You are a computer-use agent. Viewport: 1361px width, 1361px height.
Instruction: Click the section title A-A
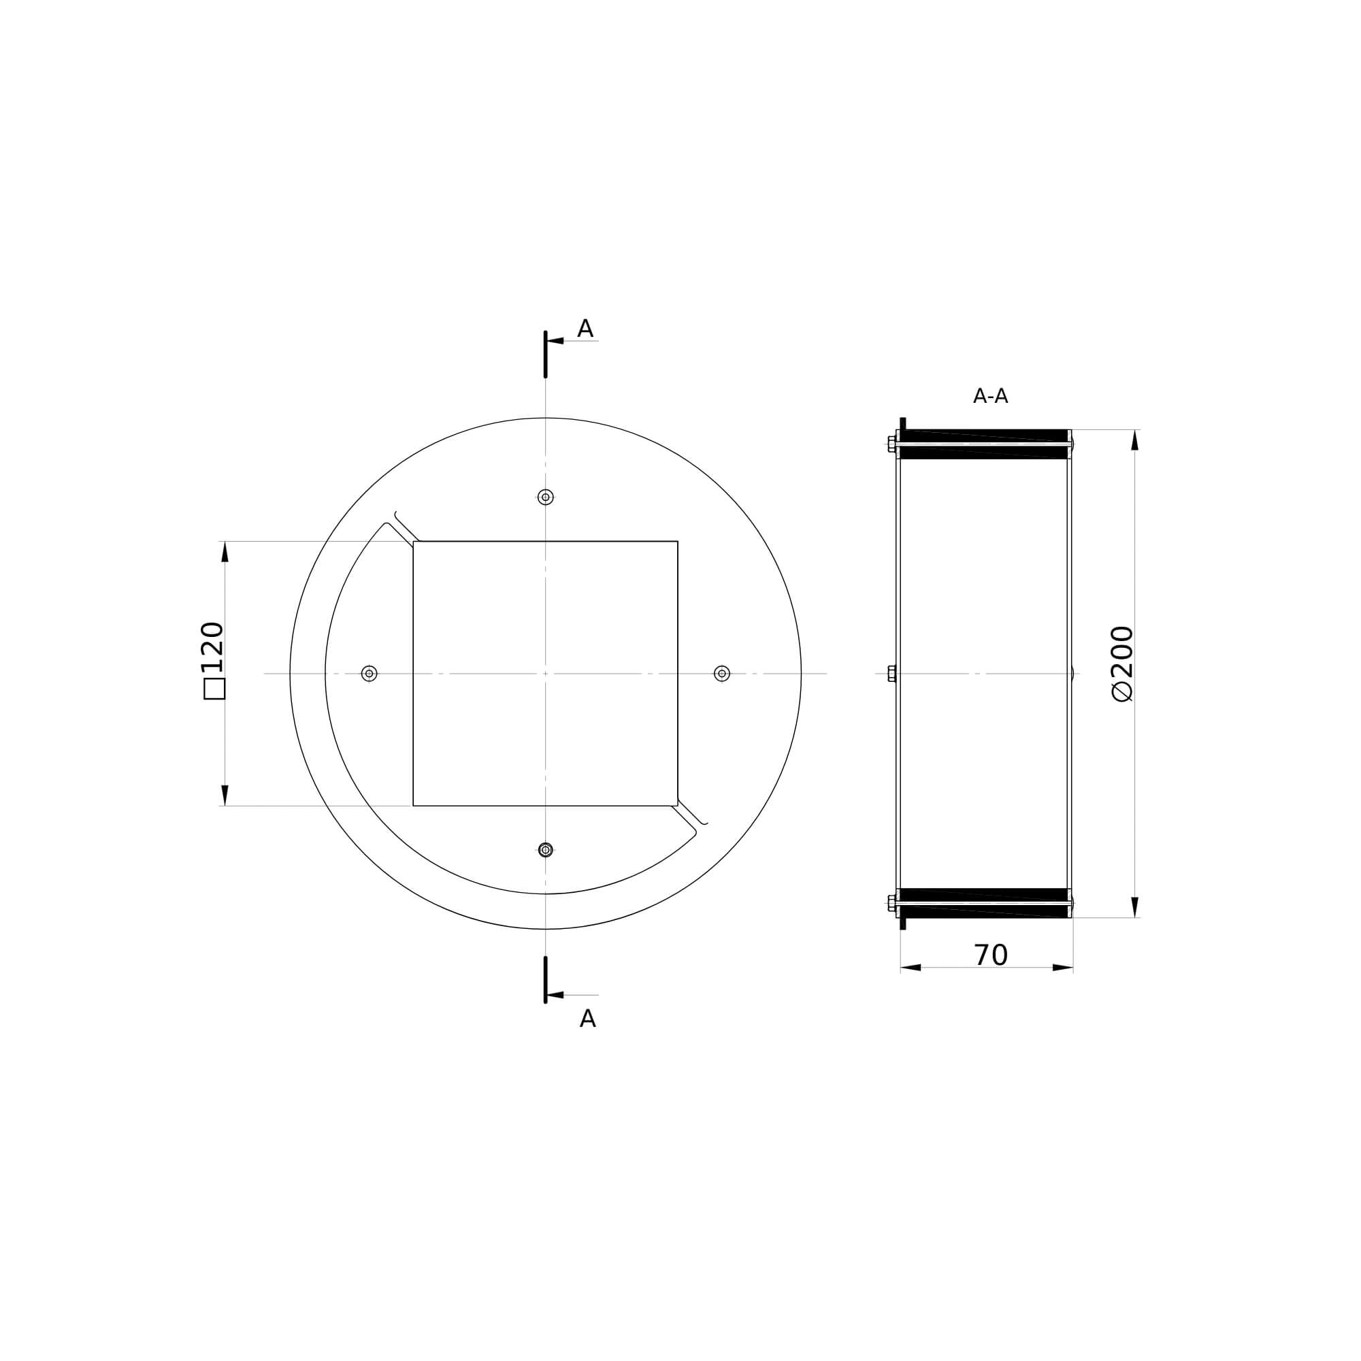pyautogui.click(x=989, y=397)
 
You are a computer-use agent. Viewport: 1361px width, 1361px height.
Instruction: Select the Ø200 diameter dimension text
pyautogui.click(x=1121, y=663)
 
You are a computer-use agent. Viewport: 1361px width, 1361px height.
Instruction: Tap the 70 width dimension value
pyautogui.click(x=990, y=955)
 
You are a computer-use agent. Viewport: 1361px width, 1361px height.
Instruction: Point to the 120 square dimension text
pyautogui.click(x=212, y=646)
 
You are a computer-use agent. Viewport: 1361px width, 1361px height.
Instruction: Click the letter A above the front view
pyautogui.click(x=585, y=329)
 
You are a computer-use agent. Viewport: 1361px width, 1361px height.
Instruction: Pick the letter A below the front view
pyautogui.click(x=587, y=1019)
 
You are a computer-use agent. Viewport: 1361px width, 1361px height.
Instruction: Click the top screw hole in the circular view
pyautogui.click(x=545, y=497)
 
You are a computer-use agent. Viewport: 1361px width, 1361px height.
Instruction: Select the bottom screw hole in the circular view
pyautogui.click(x=545, y=849)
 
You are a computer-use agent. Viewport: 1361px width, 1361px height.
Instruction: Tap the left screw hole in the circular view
pyautogui.click(x=369, y=674)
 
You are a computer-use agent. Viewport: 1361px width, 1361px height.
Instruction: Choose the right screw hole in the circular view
pyautogui.click(x=721, y=674)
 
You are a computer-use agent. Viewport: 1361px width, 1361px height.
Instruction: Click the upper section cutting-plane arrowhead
pyautogui.click(x=555, y=341)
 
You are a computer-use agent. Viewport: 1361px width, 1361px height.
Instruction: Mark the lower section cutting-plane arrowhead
pyautogui.click(x=555, y=995)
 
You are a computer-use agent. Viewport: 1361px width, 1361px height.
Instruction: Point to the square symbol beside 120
pyautogui.click(x=214, y=689)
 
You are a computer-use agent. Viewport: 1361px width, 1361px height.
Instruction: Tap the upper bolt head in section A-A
pyautogui.click(x=892, y=444)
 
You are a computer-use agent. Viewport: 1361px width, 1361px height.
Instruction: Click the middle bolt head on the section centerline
pyautogui.click(x=892, y=674)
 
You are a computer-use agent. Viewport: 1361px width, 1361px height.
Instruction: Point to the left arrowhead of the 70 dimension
pyautogui.click(x=910, y=967)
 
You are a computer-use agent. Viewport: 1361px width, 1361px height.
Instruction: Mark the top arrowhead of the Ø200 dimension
pyautogui.click(x=1134, y=440)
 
